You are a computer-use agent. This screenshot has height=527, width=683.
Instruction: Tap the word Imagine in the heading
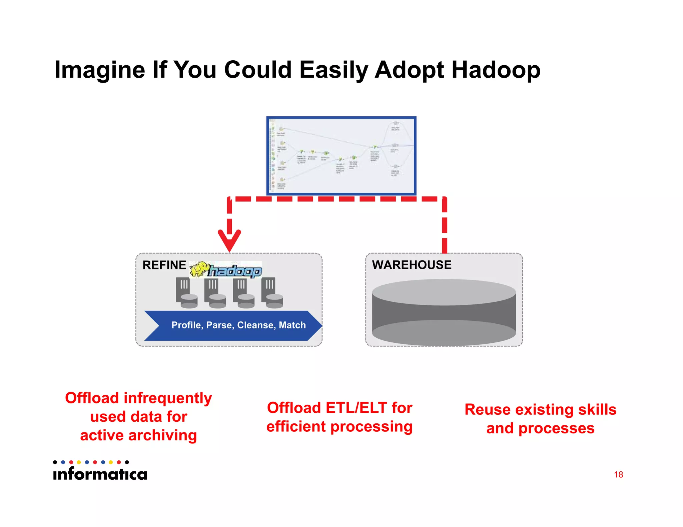[x=100, y=70]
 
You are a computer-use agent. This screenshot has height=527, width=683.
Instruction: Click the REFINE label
[x=164, y=265]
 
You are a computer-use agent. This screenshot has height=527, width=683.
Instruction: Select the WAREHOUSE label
[x=412, y=265]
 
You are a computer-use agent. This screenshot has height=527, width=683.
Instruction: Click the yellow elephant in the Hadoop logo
[x=199, y=269]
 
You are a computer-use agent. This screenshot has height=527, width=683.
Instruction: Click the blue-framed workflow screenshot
[x=341, y=156]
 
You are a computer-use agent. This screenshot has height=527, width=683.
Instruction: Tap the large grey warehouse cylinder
[x=444, y=312]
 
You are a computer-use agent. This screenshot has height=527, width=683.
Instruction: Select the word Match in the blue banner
[x=292, y=325]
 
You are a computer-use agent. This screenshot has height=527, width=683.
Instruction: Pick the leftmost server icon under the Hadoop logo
[x=186, y=292]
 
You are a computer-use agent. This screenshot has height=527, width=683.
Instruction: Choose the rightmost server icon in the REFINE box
[x=272, y=292]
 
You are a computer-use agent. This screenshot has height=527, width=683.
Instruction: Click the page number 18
[x=618, y=474]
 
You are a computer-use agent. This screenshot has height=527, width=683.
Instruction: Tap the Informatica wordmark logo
[x=100, y=473]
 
